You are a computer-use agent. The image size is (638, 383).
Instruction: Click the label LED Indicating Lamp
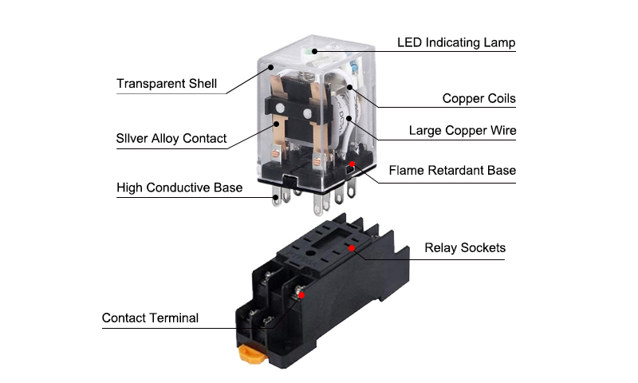pos(456,42)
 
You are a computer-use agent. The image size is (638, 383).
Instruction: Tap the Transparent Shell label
pos(167,84)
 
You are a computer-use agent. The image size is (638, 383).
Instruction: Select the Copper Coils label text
pos(478,99)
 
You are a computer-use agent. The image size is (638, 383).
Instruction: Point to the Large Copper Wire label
pos(462,130)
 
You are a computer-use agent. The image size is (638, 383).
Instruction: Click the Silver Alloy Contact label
pos(171,139)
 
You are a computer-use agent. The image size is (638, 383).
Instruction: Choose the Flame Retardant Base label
pos(452,170)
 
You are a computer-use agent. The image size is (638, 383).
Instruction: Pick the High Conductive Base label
pos(179,188)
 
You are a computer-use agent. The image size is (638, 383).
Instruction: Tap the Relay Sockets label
pos(464,248)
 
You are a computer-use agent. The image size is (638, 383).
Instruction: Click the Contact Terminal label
pos(150,318)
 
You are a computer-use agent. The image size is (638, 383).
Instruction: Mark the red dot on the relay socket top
pos(352,248)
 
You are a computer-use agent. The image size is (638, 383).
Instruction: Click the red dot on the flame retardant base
pos(352,164)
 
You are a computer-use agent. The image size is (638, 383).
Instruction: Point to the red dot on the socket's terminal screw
pos(301,295)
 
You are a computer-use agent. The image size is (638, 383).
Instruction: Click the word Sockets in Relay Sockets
pos(482,248)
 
